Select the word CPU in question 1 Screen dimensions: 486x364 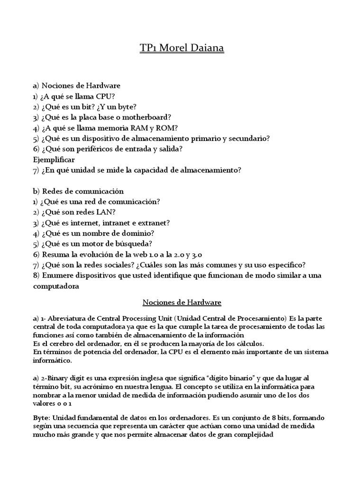coord(105,96)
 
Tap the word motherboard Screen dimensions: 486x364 coord(148,117)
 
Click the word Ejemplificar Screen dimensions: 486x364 coord(54,159)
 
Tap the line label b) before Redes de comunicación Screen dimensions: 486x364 coord(36,191)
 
